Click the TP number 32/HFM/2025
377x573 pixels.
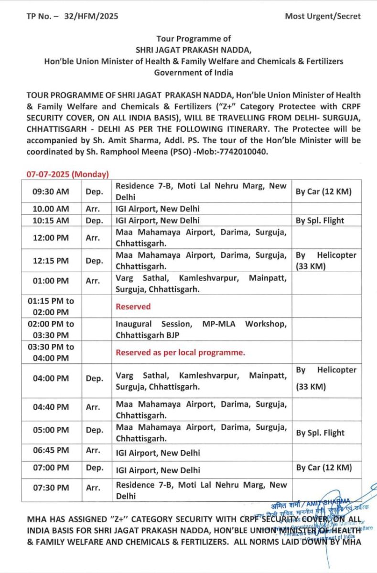coord(91,16)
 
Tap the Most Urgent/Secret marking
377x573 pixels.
coord(323,16)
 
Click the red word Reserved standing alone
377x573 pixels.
coord(133,307)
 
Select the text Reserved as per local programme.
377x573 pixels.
coord(180,353)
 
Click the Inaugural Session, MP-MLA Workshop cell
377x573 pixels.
coord(201,329)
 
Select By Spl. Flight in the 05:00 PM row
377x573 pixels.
coord(320,433)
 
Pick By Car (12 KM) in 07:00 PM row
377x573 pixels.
coord(323,467)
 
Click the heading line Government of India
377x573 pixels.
coord(194,72)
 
